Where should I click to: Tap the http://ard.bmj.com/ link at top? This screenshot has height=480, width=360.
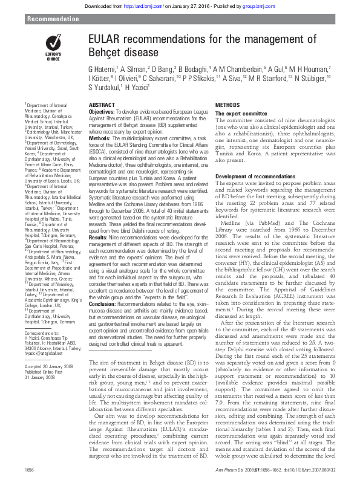tap(141, 5)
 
